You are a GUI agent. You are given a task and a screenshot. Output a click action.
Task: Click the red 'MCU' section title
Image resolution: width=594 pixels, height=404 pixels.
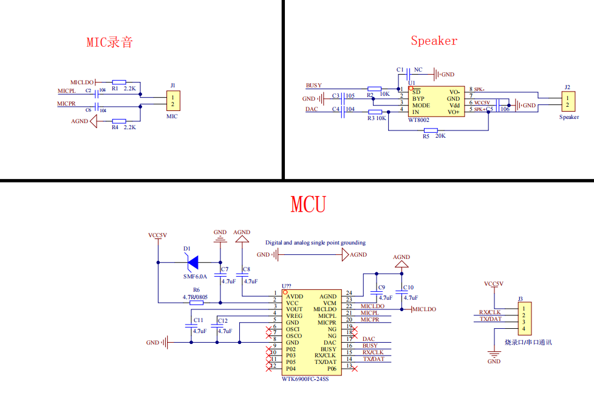click(309, 204)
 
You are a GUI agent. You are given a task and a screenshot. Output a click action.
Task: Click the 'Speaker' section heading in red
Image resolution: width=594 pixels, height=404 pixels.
click(434, 41)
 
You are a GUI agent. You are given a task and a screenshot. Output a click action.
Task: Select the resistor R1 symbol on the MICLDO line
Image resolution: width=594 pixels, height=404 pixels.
click(118, 81)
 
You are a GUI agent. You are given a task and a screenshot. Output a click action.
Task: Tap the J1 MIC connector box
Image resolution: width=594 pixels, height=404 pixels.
click(173, 101)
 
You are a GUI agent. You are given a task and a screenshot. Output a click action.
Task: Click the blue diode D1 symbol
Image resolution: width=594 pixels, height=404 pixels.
click(193, 262)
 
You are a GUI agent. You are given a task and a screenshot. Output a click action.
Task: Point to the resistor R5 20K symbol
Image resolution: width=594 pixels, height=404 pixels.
click(431, 130)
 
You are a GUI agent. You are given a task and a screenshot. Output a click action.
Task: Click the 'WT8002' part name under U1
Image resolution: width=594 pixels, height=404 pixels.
click(418, 120)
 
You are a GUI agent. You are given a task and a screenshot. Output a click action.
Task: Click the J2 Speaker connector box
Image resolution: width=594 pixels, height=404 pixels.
click(568, 101)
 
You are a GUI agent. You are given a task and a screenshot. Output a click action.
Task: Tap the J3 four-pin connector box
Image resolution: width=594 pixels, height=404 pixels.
click(524, 318)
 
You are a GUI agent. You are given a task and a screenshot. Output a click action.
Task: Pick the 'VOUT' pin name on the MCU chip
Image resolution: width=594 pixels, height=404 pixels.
click(295, 309)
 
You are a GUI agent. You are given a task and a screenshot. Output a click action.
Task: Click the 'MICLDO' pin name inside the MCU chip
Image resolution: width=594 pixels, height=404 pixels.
click(325, 309)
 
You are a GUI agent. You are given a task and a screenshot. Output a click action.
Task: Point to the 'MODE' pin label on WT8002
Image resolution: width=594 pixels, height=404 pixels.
click(421, 105)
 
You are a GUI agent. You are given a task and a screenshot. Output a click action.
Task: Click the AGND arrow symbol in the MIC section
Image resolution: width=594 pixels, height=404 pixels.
click(94, 121)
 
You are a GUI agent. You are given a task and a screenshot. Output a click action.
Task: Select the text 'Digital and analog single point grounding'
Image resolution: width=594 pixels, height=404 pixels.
click(315, 243)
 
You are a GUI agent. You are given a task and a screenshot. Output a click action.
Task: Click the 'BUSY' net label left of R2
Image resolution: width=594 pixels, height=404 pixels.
click(314, 86)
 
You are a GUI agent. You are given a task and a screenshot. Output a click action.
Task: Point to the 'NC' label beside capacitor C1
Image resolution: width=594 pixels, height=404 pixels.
click(418, 70)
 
